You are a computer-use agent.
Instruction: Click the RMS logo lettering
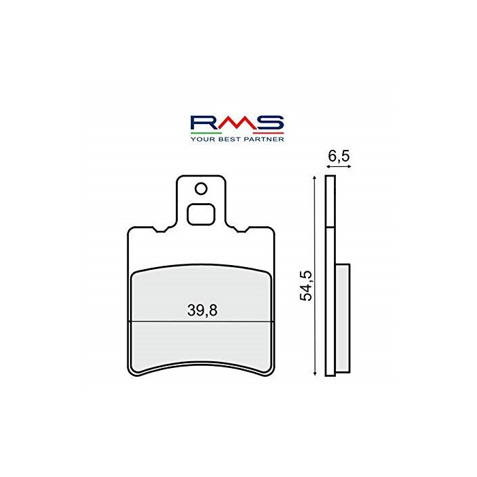coord(237,123)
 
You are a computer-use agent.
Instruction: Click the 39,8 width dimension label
coord(202,311)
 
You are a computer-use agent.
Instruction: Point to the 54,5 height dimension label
coord(307,286)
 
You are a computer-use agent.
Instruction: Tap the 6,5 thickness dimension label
coord(339,156)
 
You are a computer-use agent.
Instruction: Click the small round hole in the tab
coord(201,189)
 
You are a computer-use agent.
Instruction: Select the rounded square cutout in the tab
coord(201,215)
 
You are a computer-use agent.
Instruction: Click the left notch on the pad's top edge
coord(160,230)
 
